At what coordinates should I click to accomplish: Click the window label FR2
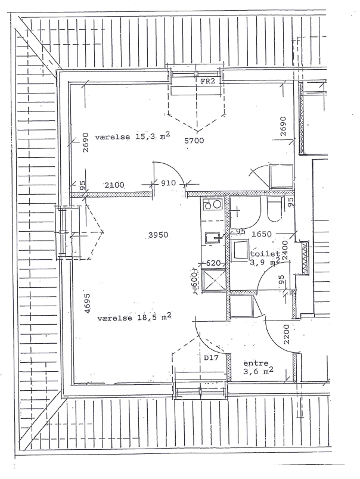[x=208, y=81]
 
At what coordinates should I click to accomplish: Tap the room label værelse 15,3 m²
[x=133, y=136]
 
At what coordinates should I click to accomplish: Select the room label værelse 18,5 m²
[x=134, y=318]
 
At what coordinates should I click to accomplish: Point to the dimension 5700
[x=194, y=141]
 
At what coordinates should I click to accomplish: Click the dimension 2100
[x=114, y=185]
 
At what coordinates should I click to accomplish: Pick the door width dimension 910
[x=169, y=183]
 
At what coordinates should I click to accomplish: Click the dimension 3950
[x=158, y=235]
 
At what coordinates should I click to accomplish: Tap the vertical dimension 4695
[x=88, y=303]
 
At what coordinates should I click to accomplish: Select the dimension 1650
[x=261, y=234]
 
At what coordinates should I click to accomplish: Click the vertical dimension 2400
[x=285, y=250]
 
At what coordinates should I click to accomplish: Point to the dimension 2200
[x=286, y=334]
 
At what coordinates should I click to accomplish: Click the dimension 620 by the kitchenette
[x=213, y=263]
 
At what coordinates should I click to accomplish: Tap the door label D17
[x=211, y=357]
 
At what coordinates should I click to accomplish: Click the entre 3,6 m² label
[x=258, y=367]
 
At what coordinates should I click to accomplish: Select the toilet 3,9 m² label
[x=265, y=257]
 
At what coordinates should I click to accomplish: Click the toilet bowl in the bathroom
[x=274, y=210]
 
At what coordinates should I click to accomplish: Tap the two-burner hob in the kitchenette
[x=213, y=204]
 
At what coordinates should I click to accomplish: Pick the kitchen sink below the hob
[x=213, y=237]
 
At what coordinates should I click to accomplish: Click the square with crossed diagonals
[x=213, y=279]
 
